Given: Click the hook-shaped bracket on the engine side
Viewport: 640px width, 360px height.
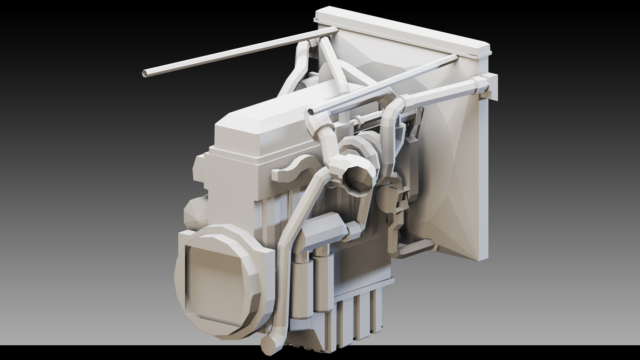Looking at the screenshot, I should tap(290, 171).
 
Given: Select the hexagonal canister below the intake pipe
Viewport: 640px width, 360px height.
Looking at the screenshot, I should tap(322, 231).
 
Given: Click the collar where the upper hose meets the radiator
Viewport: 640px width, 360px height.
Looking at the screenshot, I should tap(482, 84).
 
